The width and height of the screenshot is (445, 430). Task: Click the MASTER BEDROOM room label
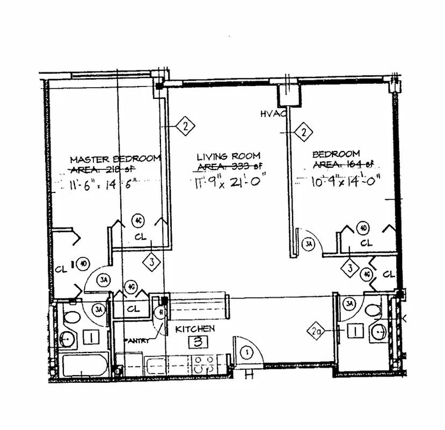pos(115,159)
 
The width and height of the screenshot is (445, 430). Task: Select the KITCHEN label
pos(195,328)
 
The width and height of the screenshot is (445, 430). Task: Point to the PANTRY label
pos(137,340)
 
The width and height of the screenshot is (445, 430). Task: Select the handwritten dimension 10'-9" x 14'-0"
pos(342,181)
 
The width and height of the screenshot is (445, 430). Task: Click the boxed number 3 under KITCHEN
pos(198,341)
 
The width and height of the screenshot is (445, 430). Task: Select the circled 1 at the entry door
pos(246,353)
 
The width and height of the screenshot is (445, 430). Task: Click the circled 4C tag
pos(138,220)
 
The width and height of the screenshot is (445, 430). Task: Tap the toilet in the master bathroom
pos(69,315)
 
